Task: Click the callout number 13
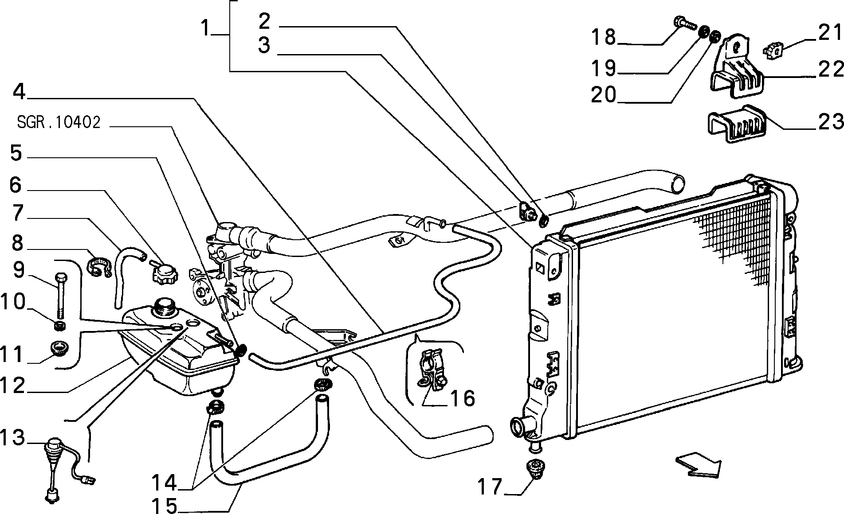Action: click(13, 438)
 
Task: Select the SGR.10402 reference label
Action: click(59, 123)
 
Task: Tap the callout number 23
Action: click(830, 121)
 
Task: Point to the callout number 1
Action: click(204, 30)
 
